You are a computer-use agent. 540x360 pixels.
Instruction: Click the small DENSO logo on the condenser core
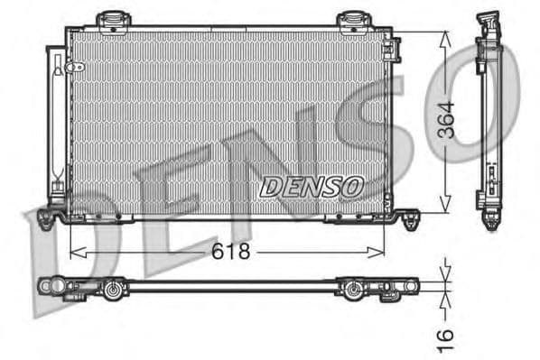click(311, 186)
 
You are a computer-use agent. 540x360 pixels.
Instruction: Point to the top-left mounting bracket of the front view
click(113, 20)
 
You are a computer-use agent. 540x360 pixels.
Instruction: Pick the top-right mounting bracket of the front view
click(352, 20)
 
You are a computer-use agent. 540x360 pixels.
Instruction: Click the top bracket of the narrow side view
click(489, 22)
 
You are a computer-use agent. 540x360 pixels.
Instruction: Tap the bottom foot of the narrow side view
click(490, 219)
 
